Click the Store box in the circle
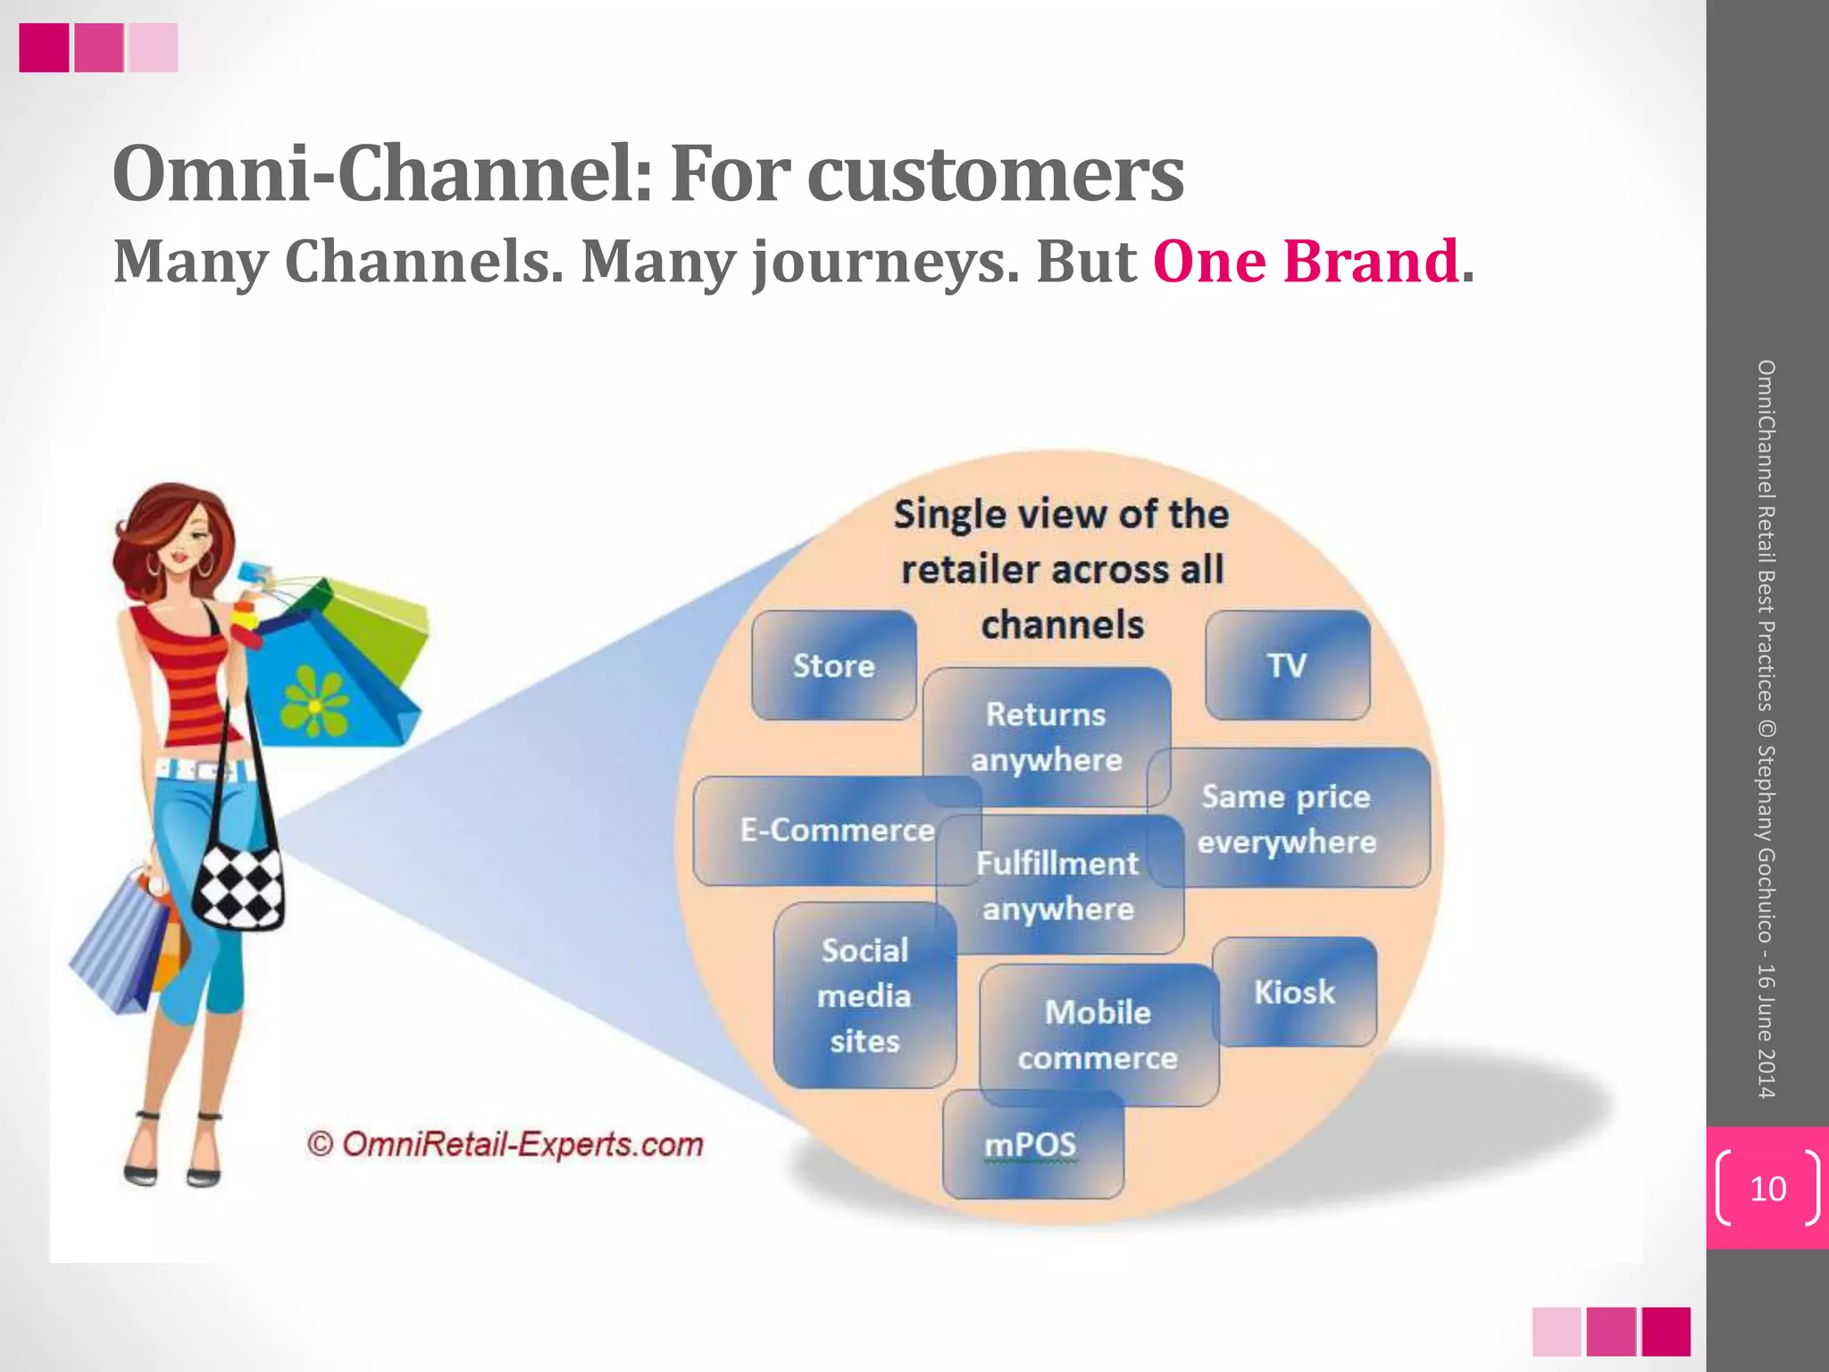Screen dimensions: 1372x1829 (x=833, y=665)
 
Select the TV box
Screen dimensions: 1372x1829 (x=1287, y=665)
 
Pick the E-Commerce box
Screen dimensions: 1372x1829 (x=822, y=831)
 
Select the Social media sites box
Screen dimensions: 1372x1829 (x=864, y=995)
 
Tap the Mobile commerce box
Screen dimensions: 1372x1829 (x=1098, y=1034)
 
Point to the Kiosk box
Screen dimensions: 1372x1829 (x=1294, y=992)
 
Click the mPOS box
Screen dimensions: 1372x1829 (x=1031, y=1145)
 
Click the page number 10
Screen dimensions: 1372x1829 (x=1767, y=1189)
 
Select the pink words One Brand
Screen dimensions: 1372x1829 (x=1306, y=262)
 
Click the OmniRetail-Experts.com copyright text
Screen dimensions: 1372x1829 (x=505, y=1144)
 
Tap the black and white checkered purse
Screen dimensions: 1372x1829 (x=238, y=884)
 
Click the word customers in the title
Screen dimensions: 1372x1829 (x=995, y=174)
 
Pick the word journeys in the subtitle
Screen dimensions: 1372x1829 (x=884, y=262)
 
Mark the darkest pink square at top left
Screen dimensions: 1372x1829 (x=44, y=47)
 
